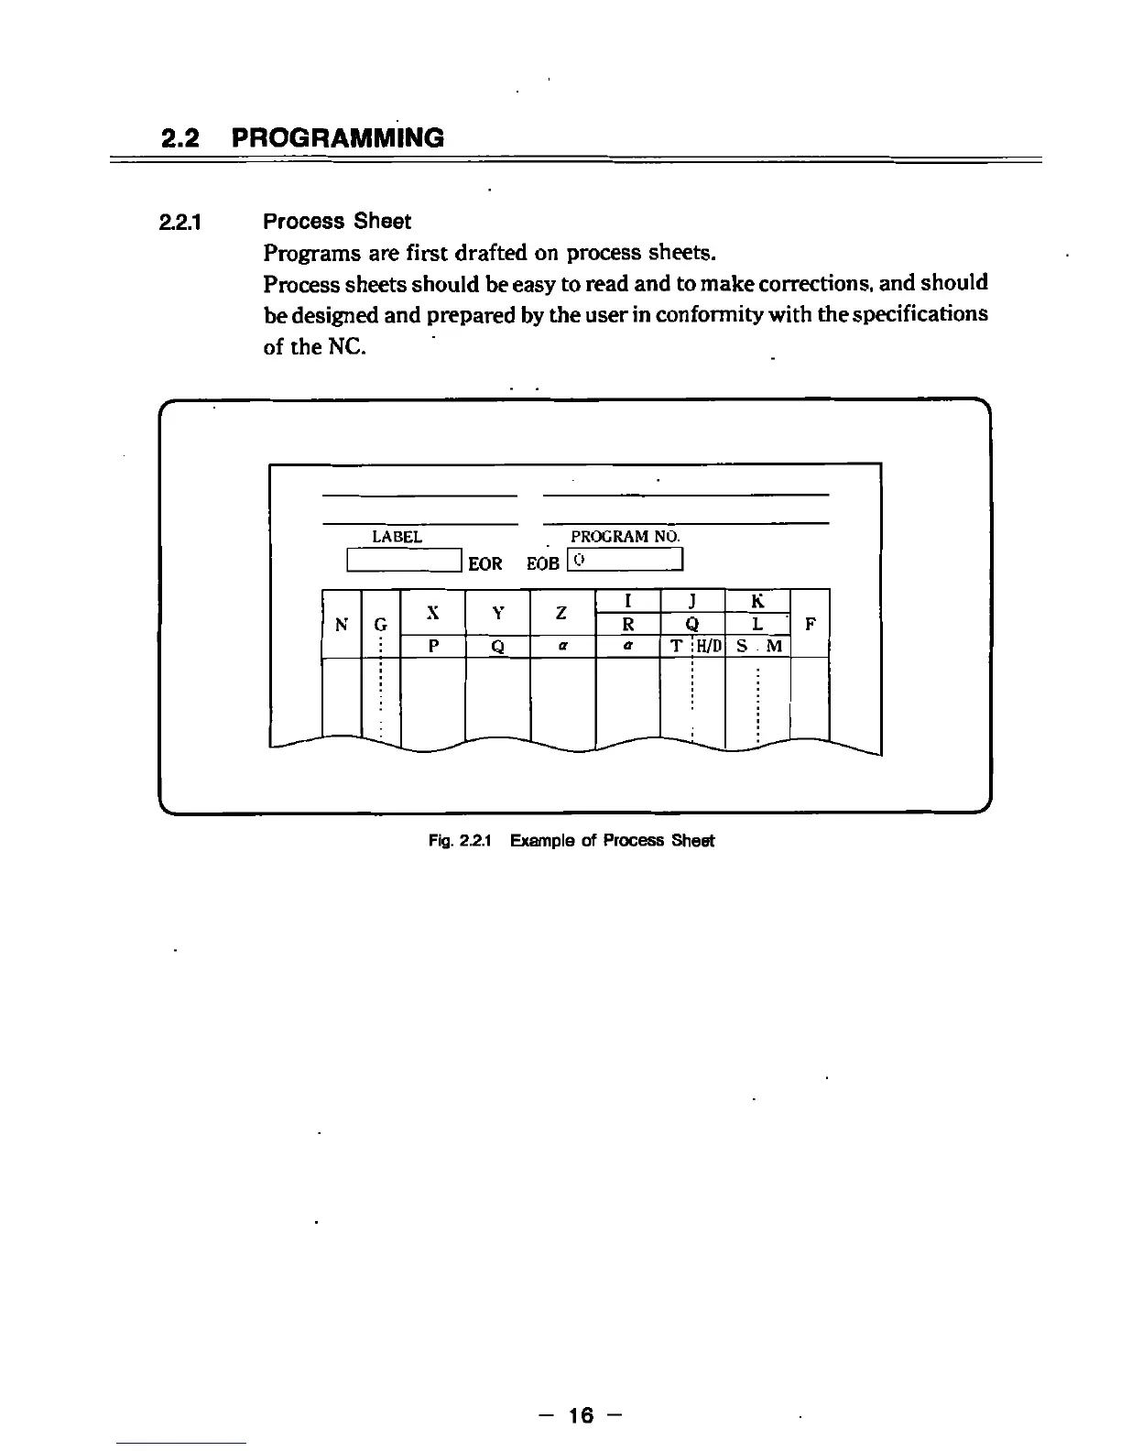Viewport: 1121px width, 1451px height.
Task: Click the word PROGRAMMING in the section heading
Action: pos(338,138)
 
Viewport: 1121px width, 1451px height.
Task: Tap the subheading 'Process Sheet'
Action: pos(337,222)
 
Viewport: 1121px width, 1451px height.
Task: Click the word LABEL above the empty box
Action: pos(397,537)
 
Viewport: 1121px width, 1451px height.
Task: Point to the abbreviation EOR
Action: pos(485,563)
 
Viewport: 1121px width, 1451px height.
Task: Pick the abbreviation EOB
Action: pos(542,563)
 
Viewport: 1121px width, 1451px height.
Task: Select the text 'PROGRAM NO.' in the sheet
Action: pos(626,537)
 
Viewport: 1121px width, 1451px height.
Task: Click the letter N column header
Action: pos(342,625)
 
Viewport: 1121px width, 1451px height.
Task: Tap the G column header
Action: pos(380,625)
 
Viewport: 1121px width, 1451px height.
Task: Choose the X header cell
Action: pos(433,612)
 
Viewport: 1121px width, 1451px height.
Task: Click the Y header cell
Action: pos(497,612)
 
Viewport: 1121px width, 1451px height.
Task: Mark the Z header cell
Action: pos(562,612)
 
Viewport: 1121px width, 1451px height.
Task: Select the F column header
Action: pos(810,625)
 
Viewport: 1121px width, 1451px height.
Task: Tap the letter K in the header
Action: pos(757,601)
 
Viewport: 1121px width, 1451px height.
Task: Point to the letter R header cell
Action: pos(628,625)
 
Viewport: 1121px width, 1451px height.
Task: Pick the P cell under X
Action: pos(433,647)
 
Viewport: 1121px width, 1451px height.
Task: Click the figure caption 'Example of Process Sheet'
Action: pos(612,841)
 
